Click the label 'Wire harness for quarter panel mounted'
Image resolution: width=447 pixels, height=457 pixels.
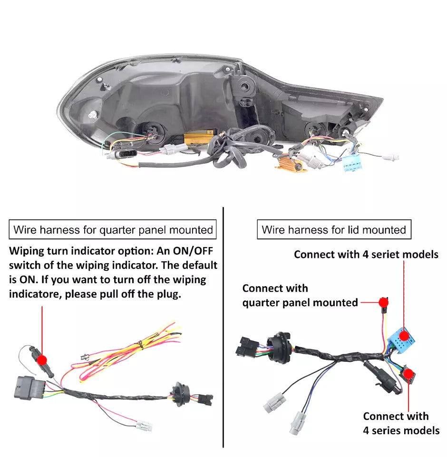[113, 230]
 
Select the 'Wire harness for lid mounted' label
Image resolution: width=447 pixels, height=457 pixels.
[334, 230]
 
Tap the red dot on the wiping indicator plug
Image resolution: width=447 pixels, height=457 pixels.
[42, 359]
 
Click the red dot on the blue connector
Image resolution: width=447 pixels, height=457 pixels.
[404, 335]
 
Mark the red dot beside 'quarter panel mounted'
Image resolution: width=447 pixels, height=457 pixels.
[383, 302]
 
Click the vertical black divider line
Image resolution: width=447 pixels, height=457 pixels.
[223, 328]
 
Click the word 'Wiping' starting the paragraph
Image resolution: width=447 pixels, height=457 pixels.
[28, 250]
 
